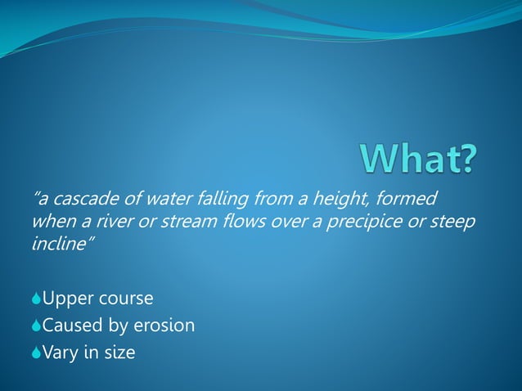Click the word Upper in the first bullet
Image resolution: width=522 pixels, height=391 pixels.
[65, 299]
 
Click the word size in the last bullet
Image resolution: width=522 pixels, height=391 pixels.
[119, 353]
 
